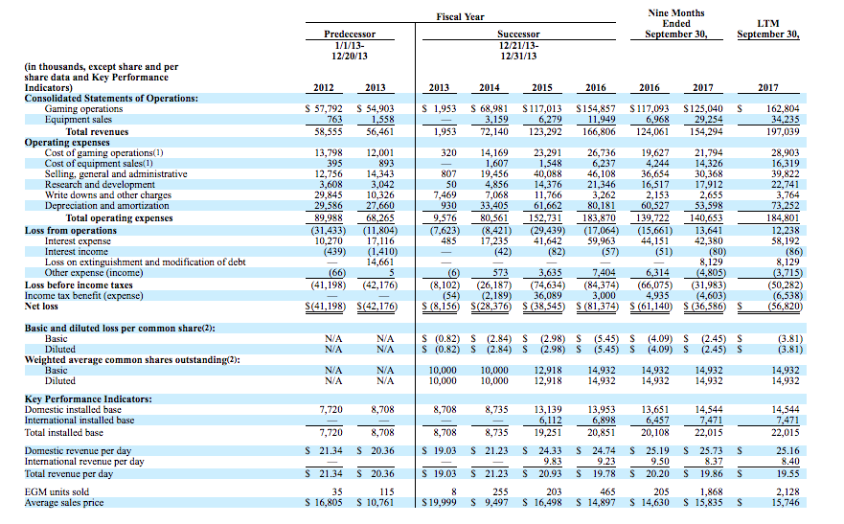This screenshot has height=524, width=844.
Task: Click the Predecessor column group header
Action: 350,34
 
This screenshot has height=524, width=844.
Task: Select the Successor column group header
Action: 518,34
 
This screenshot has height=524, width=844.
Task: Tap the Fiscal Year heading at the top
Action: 460,16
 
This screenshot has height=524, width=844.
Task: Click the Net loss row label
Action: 41,307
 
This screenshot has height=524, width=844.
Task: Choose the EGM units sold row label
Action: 57,491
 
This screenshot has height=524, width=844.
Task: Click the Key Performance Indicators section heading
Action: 88,399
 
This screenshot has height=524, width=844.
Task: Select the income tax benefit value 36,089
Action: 549,295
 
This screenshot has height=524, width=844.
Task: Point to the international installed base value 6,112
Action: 550,421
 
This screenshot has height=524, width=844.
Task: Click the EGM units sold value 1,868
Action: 711,491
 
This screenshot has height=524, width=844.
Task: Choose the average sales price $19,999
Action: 439,503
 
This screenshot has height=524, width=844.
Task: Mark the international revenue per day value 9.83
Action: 552,461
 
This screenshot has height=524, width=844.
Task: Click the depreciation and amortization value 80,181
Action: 602,206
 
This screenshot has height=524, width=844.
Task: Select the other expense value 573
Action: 501,273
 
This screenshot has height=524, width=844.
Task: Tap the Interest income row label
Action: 77,251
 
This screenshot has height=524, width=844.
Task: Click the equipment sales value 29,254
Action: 709,120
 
